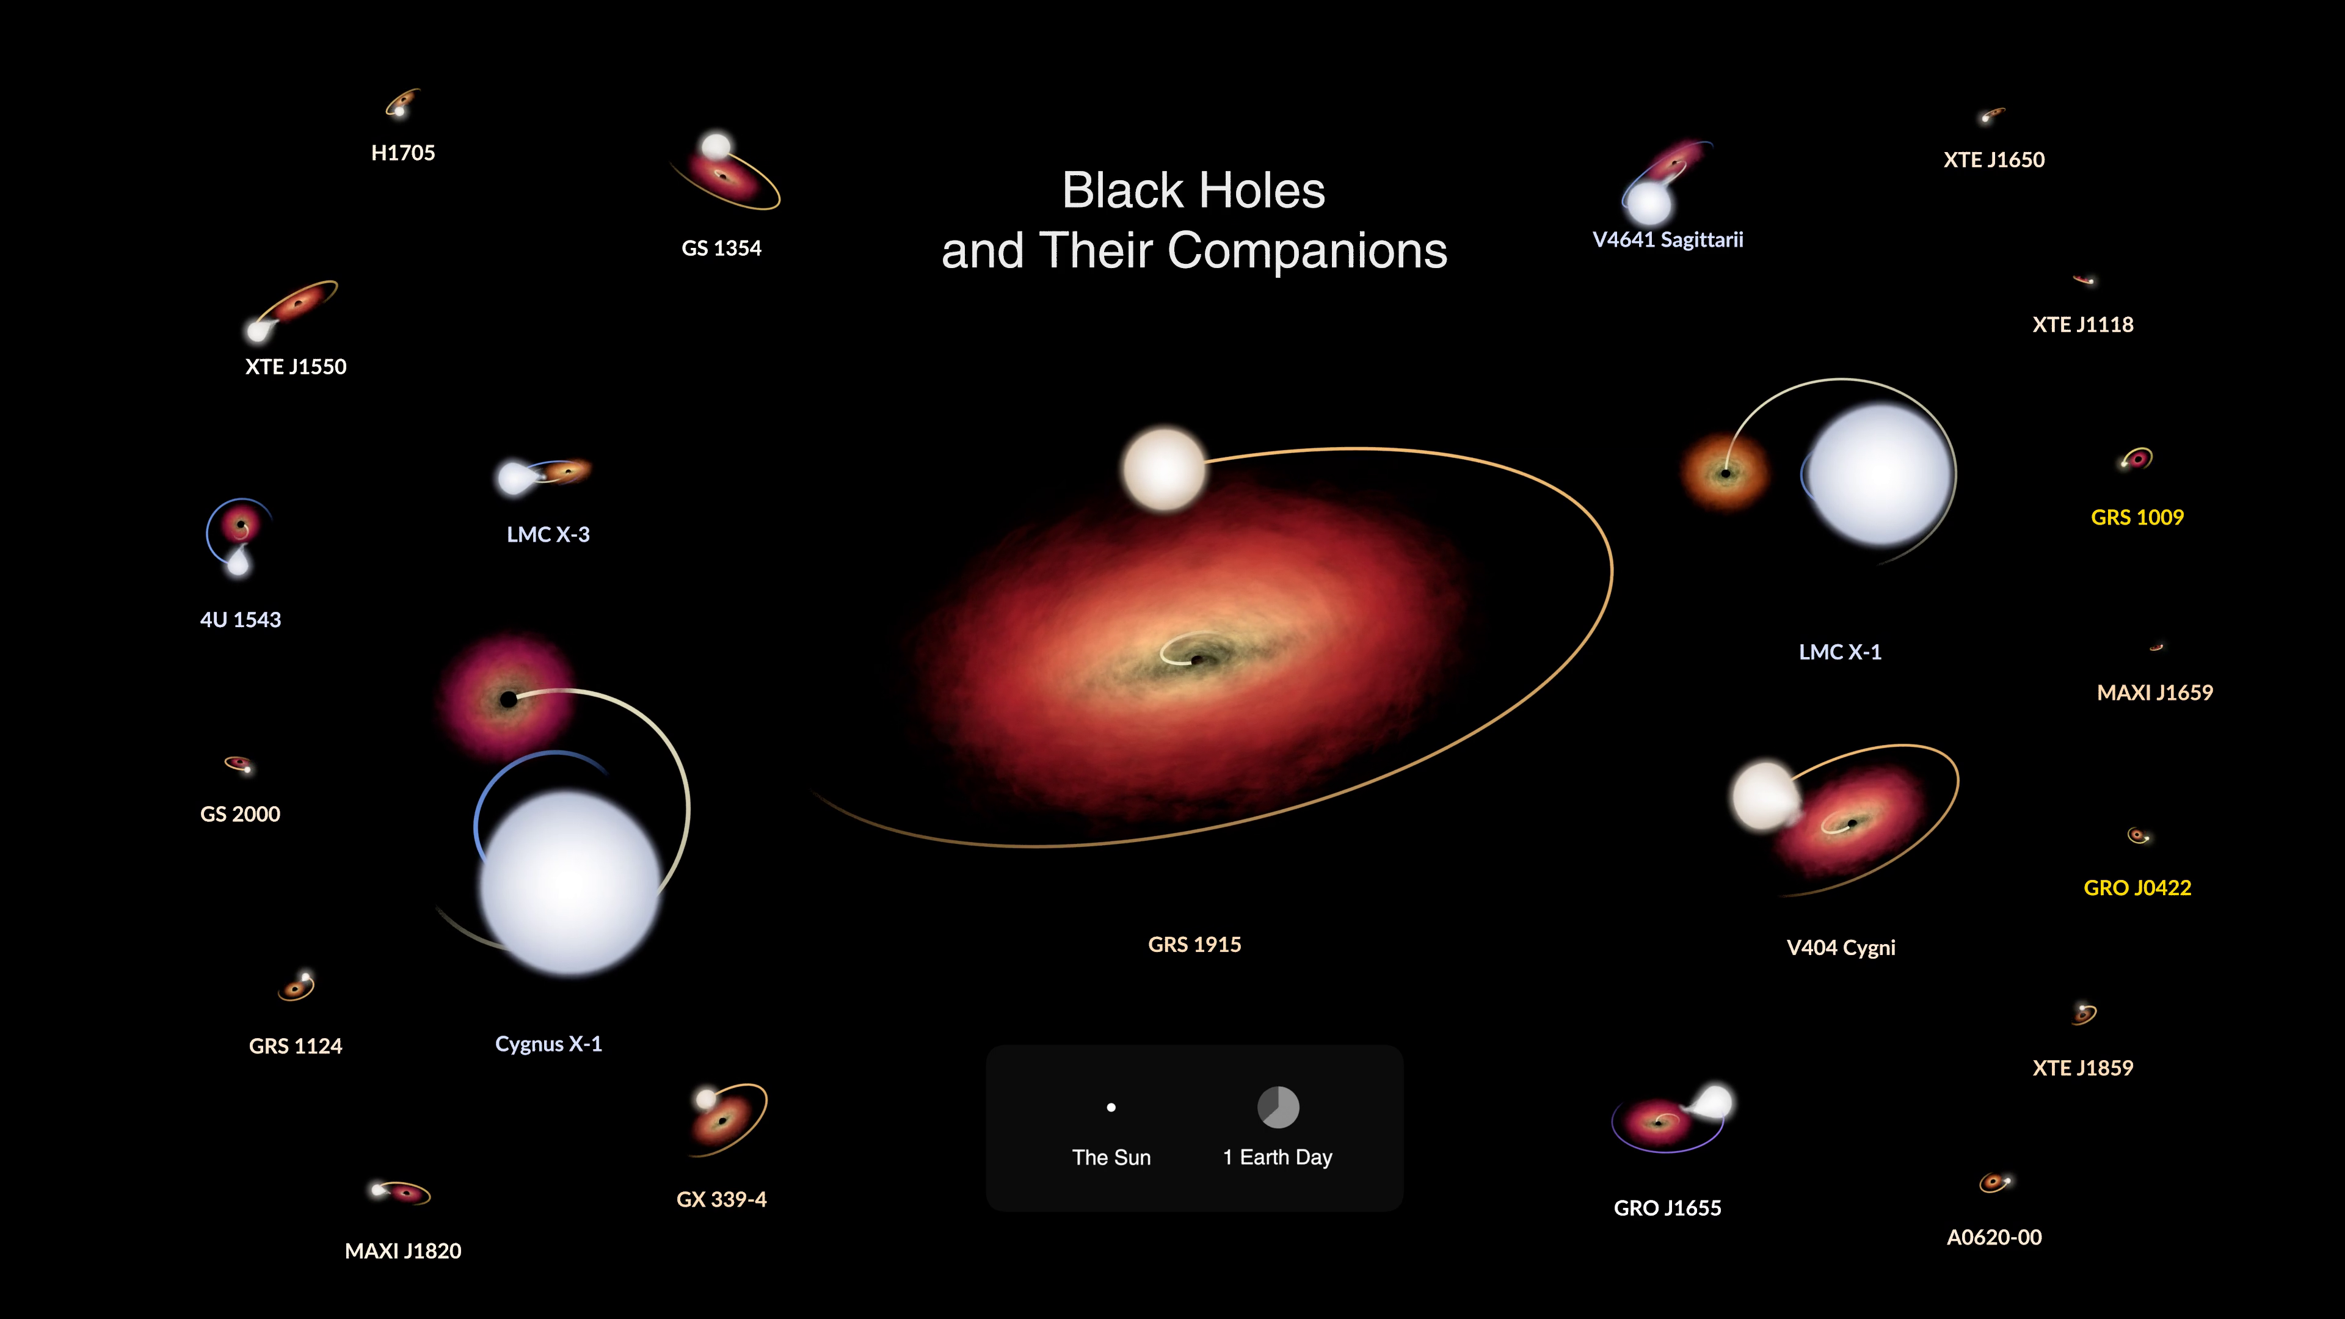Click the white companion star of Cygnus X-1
click(570, 883)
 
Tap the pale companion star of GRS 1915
click(1165, 469)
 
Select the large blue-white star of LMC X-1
click(1879, 474)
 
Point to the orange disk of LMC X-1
click(1724, 473)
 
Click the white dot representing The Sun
click(1111, 1108)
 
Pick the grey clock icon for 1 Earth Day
click(1278, 1107)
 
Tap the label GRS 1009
click(2137, 517)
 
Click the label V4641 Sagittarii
click(1668, 239)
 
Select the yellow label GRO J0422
click(2137, 887)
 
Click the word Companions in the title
click(1307, 250)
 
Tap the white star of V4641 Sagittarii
click(1649, 203)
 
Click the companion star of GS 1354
click(716, 147)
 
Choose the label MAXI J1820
click(403, 1251)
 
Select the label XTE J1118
click(2083, 324)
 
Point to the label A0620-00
click(1994, 1237)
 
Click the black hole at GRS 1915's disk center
click(1197, 659)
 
